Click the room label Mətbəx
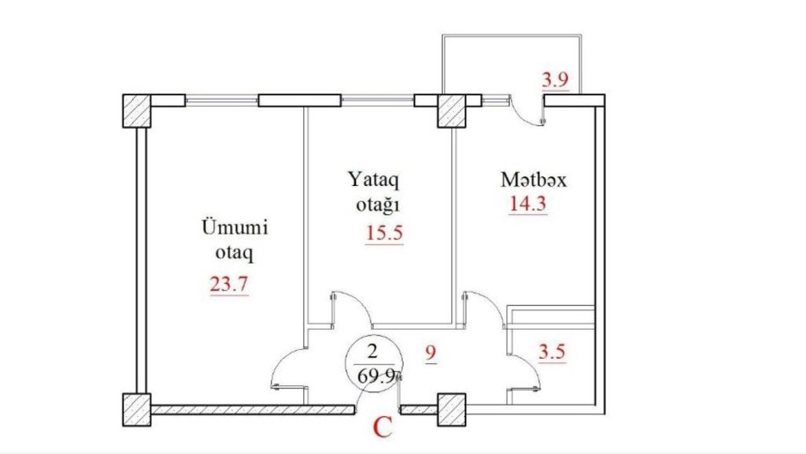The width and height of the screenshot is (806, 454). [534, 180]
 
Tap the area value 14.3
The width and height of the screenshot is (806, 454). [528, 205]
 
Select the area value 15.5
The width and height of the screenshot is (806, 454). [384, 234]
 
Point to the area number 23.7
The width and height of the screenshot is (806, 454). [229, 284]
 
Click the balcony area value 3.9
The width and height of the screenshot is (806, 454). [555, 79]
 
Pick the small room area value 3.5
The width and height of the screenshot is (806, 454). [551, 352]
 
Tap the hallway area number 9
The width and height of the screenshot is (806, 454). [431, 353]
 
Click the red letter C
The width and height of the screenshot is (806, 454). [382, 428]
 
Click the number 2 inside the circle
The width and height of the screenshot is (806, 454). [373, 352]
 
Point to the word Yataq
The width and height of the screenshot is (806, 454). [373, 181]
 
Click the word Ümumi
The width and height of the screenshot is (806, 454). [234, 227]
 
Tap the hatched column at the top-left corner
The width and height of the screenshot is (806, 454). [137, 110]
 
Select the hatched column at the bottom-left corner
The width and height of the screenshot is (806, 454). [137, 410]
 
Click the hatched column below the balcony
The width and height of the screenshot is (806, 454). [452, 110]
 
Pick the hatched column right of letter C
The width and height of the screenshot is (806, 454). [452, 410]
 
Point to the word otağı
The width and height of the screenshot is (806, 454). [378, 206]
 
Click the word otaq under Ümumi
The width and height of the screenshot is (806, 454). [234, 254]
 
